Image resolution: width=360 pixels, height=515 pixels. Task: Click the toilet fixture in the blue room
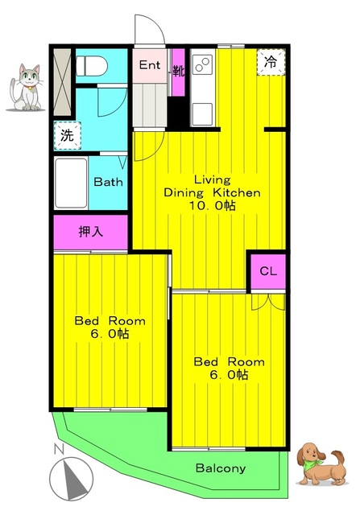(x=92, y=66)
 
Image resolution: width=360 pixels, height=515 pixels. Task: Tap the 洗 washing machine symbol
(x=68, y=135)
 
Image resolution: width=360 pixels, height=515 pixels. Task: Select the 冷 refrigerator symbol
(x=271, y=63)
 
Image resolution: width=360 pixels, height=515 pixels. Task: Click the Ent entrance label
(x=150, y=65)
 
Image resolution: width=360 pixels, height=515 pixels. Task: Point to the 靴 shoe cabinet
(x=179, y=72)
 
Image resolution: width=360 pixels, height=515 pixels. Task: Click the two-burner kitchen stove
(x=202, y=64)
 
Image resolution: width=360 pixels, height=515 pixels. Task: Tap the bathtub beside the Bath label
(x=71, y=183)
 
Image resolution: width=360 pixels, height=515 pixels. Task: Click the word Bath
(x=108, y=182)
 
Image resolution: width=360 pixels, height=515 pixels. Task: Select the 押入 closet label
(x=91, y=232)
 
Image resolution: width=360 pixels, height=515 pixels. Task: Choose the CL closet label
(x=268, y=271)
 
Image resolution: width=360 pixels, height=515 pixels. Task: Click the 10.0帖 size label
(x=212, y=206)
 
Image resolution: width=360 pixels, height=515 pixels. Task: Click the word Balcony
(x=221, y=468)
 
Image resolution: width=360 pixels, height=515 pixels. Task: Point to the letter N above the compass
(x=59, y=449)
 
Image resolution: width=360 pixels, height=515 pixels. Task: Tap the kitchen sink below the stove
(x=202, y=114)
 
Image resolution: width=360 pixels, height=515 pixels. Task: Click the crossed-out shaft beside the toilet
(x=63, y=82)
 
